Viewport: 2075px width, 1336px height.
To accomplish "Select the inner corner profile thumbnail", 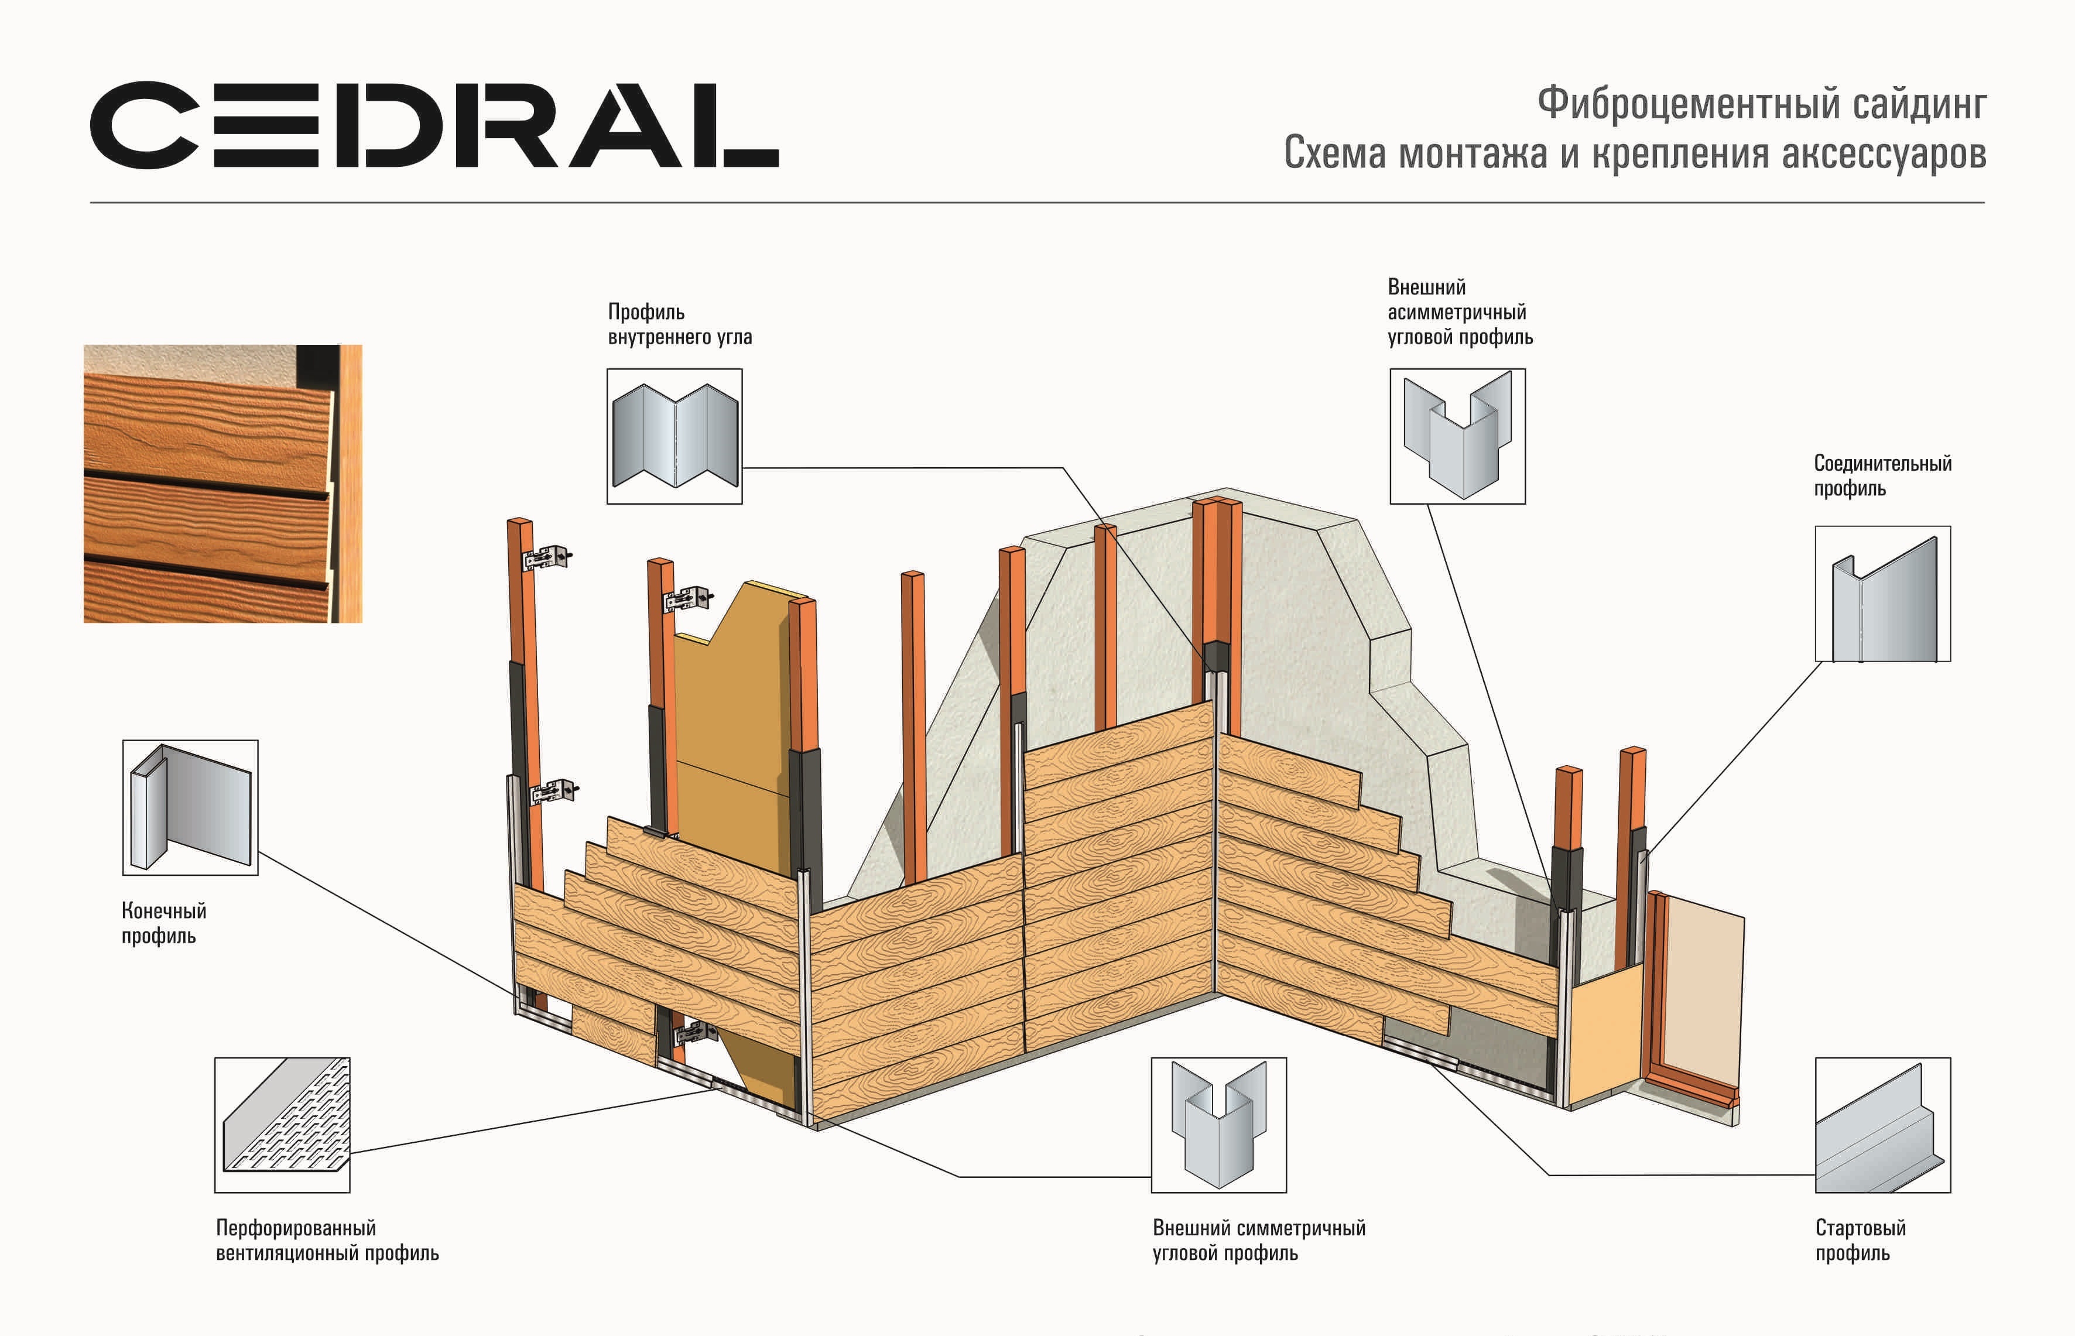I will click(x=674, y=436).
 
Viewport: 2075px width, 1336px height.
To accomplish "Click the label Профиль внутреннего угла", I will click(x=679, y=324).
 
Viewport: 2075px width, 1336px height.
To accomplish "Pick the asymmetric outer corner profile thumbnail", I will click(x=1457, y=436).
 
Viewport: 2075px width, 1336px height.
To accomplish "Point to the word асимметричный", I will click(x=1457, y=311).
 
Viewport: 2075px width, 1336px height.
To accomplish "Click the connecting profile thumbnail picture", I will click(x=1882, y=594).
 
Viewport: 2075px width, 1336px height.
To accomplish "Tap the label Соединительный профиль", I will click(x=1882, y=475).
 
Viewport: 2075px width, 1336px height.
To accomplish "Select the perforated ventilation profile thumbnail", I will click(x=282, y=1125).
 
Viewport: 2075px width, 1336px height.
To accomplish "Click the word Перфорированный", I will click(x=296, y=1228).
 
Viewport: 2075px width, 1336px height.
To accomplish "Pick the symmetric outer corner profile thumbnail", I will click(x=1219, y=1125).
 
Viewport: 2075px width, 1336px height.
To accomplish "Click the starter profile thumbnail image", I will click(x=1882, y=1125).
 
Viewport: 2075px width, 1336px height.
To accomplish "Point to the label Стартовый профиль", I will click(x=1860, y=1240).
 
